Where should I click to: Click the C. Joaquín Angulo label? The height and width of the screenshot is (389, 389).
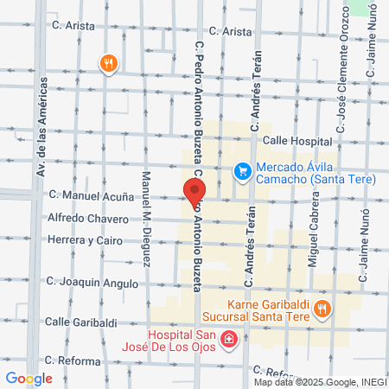(92, 282)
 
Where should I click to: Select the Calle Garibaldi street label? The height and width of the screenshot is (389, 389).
(80, 322)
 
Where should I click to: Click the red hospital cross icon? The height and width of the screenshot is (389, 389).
(229, 340)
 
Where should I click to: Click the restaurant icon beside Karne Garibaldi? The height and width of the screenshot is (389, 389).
(322, 309)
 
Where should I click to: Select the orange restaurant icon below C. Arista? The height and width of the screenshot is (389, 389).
(109, 63)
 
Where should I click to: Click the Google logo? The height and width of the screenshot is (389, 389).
(29, 378)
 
